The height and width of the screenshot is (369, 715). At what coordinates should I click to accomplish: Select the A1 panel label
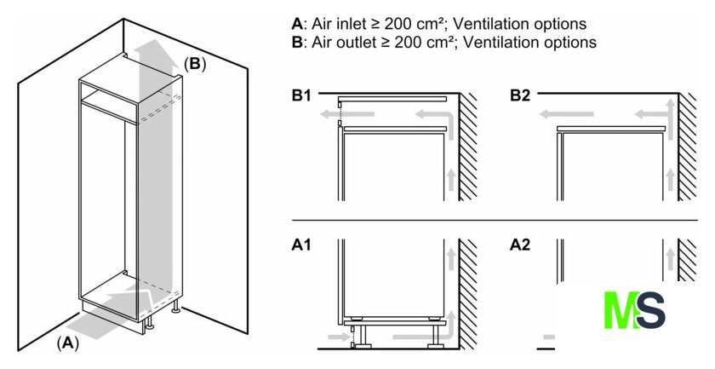point(300,245)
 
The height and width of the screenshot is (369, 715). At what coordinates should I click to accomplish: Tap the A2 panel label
point(520,245)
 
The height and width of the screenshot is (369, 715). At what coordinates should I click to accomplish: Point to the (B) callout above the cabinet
point(195,62)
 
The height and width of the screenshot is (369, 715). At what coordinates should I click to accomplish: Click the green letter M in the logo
point(621,311)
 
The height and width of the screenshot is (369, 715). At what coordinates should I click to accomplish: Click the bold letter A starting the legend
point(296,24)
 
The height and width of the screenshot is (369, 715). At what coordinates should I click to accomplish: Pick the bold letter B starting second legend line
point(296,41)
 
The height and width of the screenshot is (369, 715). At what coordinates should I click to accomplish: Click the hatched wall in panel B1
point(468,145)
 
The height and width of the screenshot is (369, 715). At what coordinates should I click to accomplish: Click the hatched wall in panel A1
point(468,290)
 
